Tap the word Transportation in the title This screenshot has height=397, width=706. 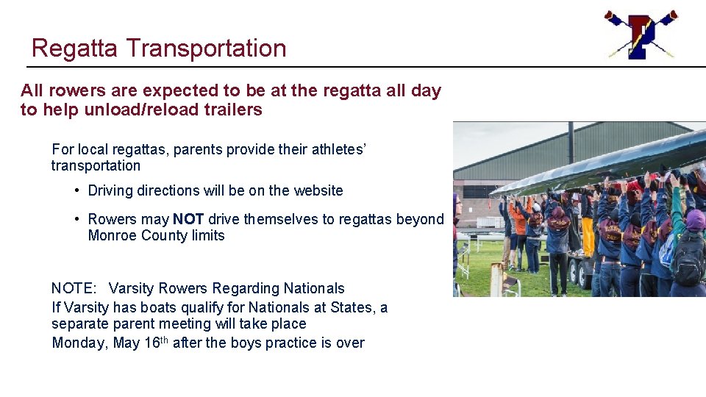(x=206, y=49)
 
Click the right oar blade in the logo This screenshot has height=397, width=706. (x=670, y=15)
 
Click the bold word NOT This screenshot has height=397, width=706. (x=188, y=219)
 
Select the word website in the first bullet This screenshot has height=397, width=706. (x=318, y=190)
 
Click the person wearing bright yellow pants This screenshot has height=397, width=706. (x=588, y=235)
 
